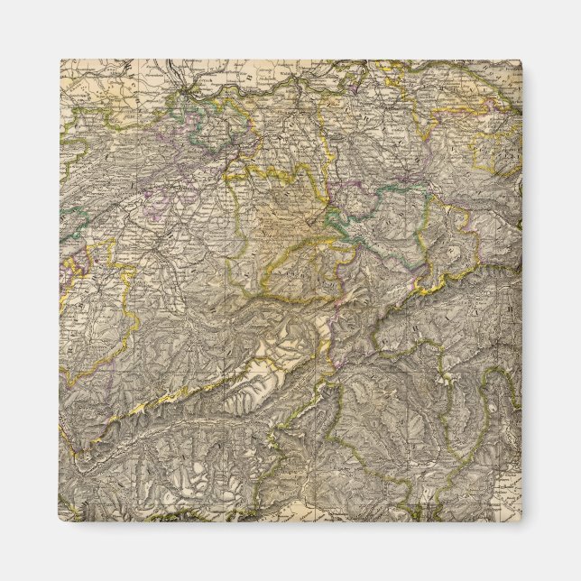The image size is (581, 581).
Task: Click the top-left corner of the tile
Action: click(x=61, y=60)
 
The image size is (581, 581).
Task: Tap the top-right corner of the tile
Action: click(x=521, y=60)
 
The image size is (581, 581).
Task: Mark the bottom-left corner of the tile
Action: click(x=61, y=521)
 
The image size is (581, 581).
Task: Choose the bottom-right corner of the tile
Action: click(x=521, y=521)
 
